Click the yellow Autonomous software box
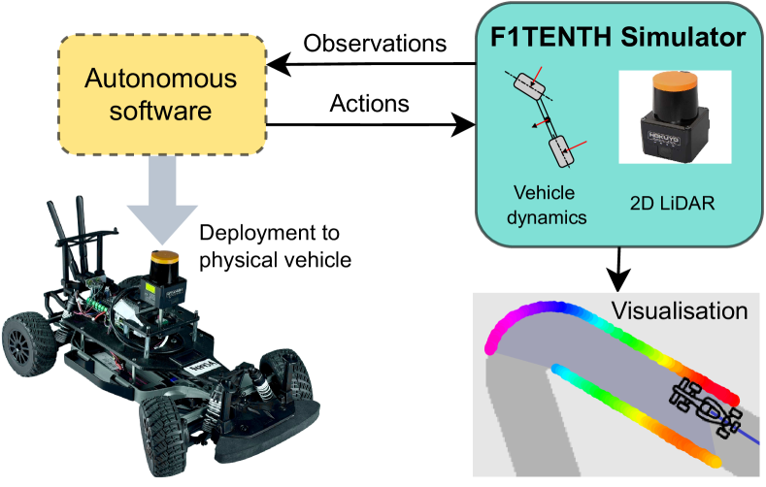(x=161, y=95)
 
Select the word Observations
(x=376, y=44)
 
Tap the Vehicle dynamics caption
(x=550, y=206)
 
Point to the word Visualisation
(x=680, y=311)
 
